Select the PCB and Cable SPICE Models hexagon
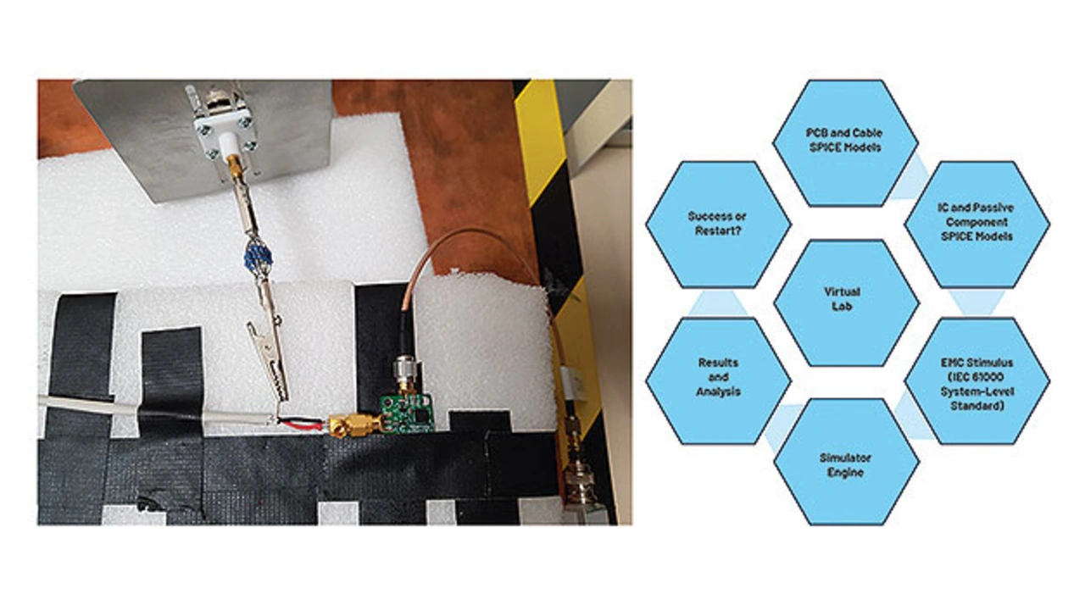click(x=846, y=142)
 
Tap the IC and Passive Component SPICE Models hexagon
click(x=976, y=224)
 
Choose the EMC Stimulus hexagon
click(x=976, y=381)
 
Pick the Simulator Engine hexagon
click(x=846, y=463)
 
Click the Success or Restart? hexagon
click(x=718, y=224)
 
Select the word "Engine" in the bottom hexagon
click(x=845, y=472)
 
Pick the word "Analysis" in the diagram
click(x=718, y=391)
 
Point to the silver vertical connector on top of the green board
click(x=403, y=371)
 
